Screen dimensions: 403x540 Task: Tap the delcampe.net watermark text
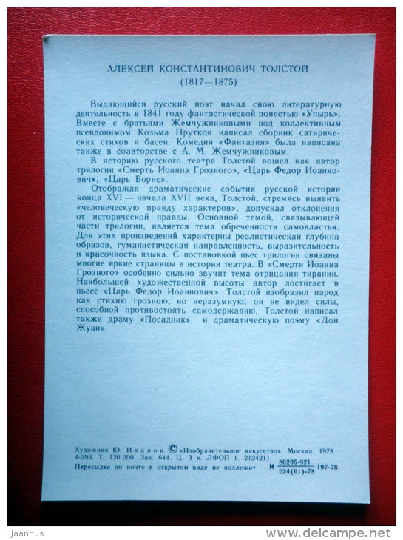pyautogui.click(x=333, y=533)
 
